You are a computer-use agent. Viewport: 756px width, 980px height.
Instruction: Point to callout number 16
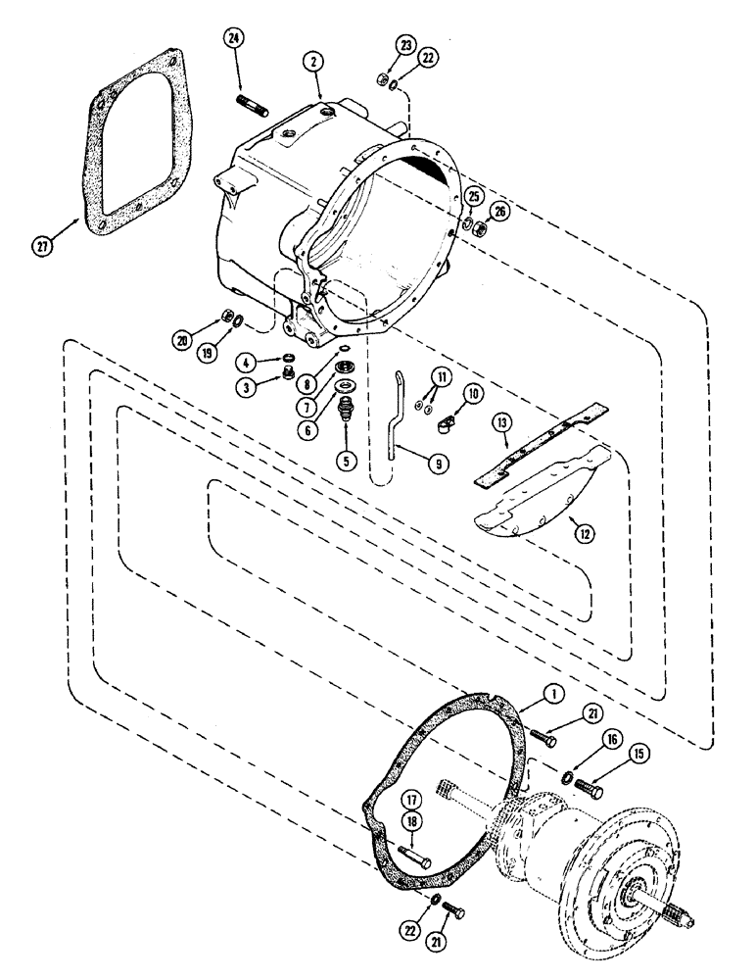click(x=587, y=744)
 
